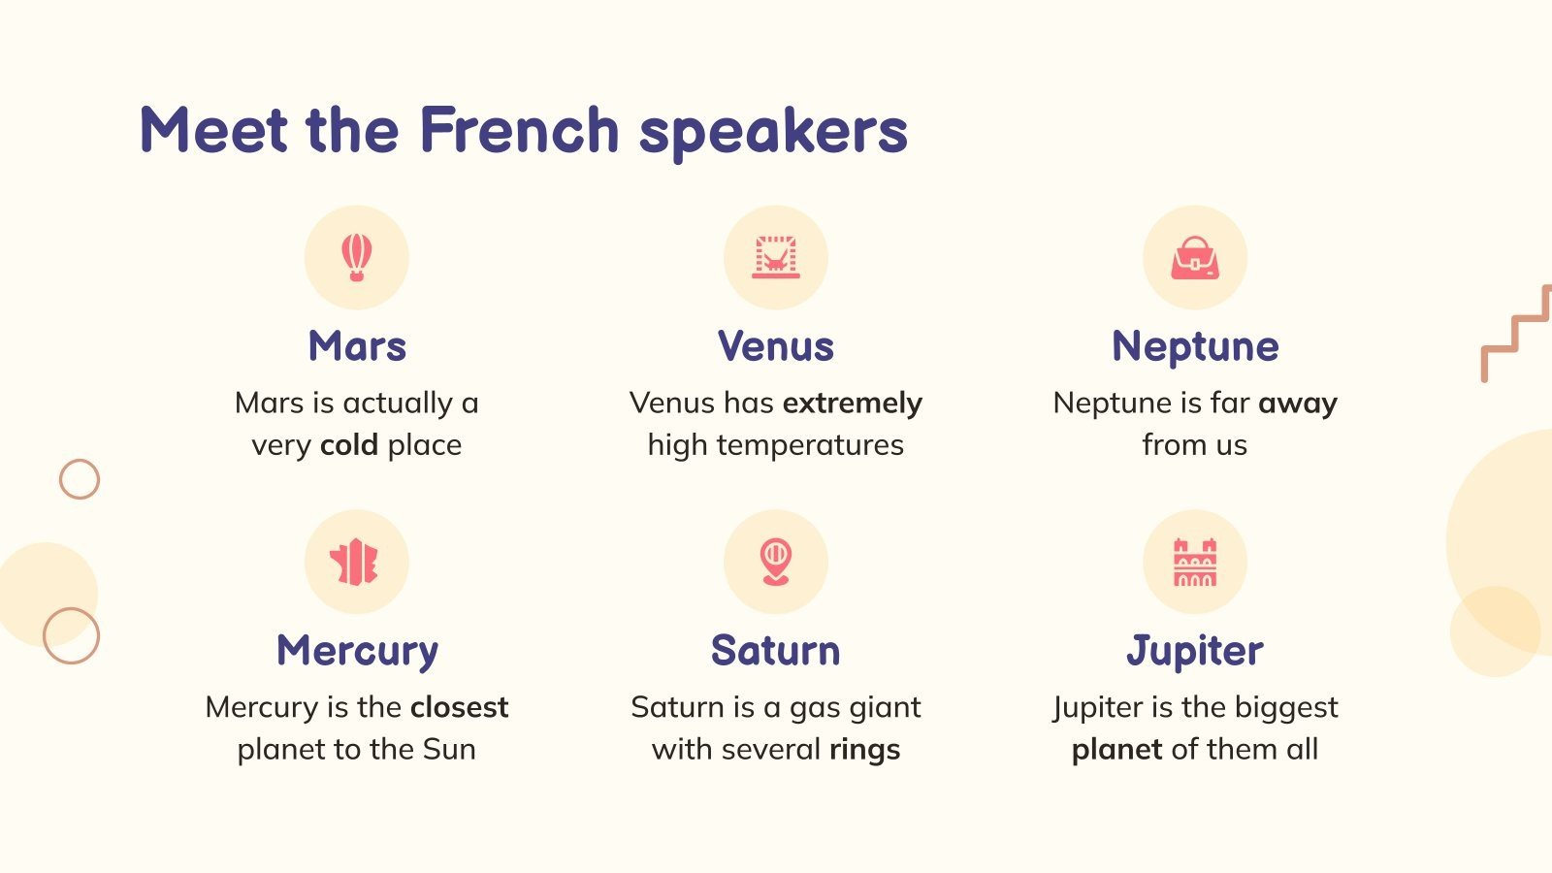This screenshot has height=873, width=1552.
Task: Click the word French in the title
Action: coord(519,130)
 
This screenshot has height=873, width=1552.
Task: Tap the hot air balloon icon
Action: coord(357,257)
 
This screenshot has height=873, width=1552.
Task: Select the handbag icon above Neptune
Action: coord(1195,258)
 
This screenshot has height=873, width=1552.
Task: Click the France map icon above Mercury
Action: coord(356,562)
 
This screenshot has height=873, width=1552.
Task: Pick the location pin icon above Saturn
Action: coord(776,562)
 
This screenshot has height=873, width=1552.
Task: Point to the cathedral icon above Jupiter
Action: coord(1195,562)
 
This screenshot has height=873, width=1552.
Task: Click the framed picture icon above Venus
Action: coord(776,257)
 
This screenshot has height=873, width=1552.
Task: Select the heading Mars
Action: coord(357,346)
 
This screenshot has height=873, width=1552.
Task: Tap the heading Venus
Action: coord(776,346)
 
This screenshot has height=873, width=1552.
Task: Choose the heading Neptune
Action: coord(1195,346)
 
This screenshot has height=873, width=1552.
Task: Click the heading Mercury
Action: coord(357,651)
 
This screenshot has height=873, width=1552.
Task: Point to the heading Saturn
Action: coord(776,651)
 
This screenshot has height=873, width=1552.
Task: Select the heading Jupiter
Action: coord(1195,651)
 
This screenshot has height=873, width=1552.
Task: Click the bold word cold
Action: coord(349,445)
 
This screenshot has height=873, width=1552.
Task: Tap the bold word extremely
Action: coord(853,403)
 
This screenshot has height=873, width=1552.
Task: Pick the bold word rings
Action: coord(864,750)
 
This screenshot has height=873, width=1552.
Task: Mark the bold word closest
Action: coord(459,707)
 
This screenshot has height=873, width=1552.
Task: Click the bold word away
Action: coord(1298,403)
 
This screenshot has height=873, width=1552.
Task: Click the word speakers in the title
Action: coord(773,132)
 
